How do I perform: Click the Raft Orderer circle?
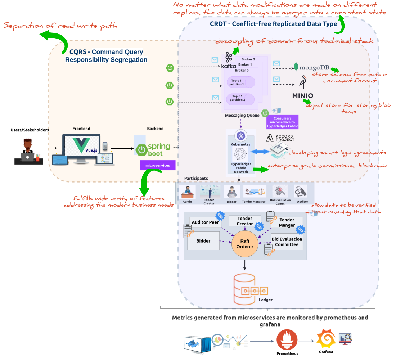[245, 244]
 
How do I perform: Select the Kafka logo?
[228, 60]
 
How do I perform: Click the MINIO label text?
[303, 96]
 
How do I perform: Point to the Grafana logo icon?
[325, 338]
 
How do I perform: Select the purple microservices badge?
[158, 165]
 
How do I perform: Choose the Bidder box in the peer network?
[203, 241]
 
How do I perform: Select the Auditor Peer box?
[205, 222]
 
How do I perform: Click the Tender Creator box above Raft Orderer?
[244, 221]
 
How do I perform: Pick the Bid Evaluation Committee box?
[287, 242]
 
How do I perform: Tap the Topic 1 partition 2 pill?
[240, 98]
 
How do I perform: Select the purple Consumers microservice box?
[283, 122]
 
